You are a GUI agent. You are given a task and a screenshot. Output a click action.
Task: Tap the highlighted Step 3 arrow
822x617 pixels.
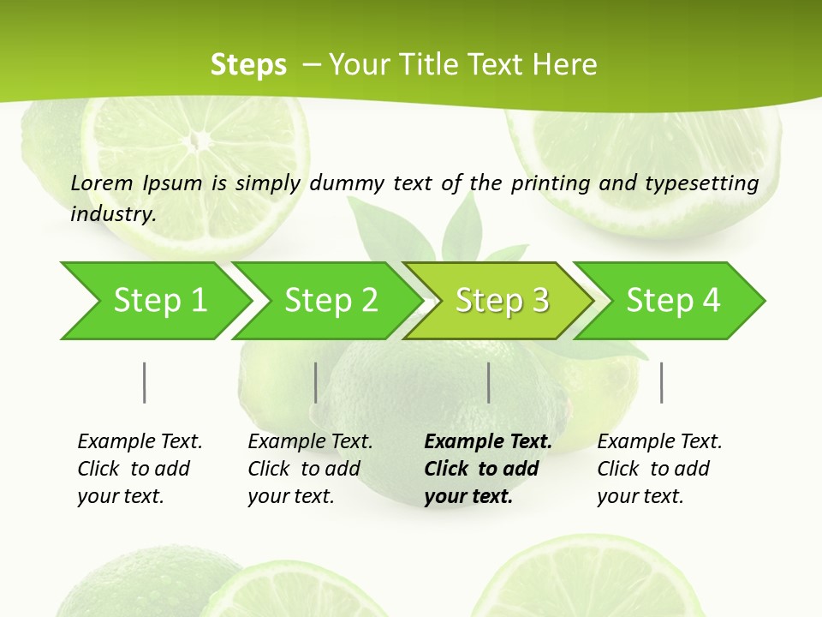(501, 301)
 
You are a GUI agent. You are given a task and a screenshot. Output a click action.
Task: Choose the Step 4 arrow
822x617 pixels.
(672, 301)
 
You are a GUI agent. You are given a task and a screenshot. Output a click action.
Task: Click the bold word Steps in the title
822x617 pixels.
(248, 65)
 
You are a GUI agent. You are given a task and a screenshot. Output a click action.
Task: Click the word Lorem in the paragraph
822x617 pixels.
(102, 183)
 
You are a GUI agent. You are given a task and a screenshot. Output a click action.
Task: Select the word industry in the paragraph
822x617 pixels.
(113, 214)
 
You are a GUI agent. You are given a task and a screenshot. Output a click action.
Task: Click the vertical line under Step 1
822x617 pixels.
(145, 382)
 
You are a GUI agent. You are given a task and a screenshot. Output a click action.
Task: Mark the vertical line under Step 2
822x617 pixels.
(316, 382)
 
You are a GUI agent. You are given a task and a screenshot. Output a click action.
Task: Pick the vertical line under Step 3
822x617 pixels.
(489, 382)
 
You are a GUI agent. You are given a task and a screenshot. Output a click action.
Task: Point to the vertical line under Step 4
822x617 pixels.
(662, 382)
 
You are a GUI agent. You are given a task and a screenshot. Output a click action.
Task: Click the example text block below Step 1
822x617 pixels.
(140, 469)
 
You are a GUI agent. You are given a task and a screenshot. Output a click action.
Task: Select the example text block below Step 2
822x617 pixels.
(310, 469)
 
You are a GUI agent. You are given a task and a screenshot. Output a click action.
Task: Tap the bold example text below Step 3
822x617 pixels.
(488, 469)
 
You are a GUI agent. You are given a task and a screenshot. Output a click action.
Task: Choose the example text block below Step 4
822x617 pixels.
(659, 469)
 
